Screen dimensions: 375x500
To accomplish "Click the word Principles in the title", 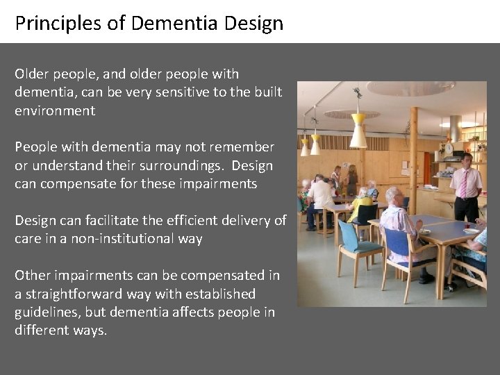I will click(x=49, y=24).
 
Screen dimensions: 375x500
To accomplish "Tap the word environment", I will click(x=55, y=110).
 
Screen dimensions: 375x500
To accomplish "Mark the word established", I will click(x=216, y=294).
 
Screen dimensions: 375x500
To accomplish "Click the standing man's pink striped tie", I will click(x=463, y=183).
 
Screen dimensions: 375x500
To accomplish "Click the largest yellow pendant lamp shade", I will click(x=358, y=130).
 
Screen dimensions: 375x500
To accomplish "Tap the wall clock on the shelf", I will click(x=449, y=148).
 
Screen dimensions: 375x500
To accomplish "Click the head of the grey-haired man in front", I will click(x=394, y=197).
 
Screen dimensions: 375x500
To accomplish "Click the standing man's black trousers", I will click(x=466, y=208).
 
